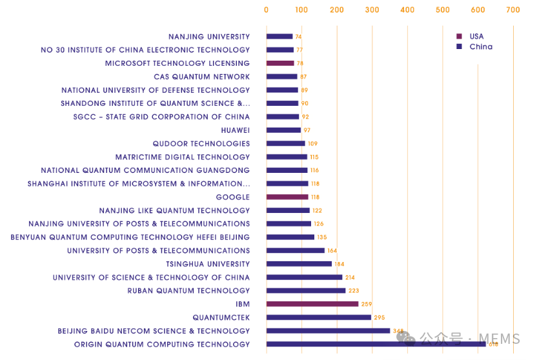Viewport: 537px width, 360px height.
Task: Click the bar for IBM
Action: tap(312, 304)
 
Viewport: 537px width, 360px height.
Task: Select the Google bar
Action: tap(287, 197)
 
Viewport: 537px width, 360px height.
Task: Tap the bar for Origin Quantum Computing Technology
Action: tap(376, 345)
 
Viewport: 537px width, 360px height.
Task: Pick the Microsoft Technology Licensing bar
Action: tap(280, 63)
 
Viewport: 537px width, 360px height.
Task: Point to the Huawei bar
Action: tap(283, 130)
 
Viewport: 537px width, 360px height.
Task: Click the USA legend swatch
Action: tap(459, 37)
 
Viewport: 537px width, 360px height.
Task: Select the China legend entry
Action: tap(480, 46)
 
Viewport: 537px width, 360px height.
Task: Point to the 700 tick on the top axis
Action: tap(512, 10)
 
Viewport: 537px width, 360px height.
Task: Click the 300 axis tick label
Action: tap(372, 10)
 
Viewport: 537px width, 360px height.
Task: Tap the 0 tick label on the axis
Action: tap(267, 10)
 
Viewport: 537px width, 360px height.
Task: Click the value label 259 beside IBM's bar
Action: tap(367, 304)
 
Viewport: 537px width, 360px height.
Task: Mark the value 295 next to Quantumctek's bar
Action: tap(380, 317)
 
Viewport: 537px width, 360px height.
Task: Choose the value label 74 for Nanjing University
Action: tap(299, 37)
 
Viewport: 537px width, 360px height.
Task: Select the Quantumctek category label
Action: tap(221, 317)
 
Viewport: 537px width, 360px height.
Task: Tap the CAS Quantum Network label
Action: tap(201, 77)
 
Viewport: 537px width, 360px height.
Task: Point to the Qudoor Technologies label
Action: tap(201, 144)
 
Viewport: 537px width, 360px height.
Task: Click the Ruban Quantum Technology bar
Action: tap(306, 291)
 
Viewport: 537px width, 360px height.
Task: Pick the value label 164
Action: tap(332, 251)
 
